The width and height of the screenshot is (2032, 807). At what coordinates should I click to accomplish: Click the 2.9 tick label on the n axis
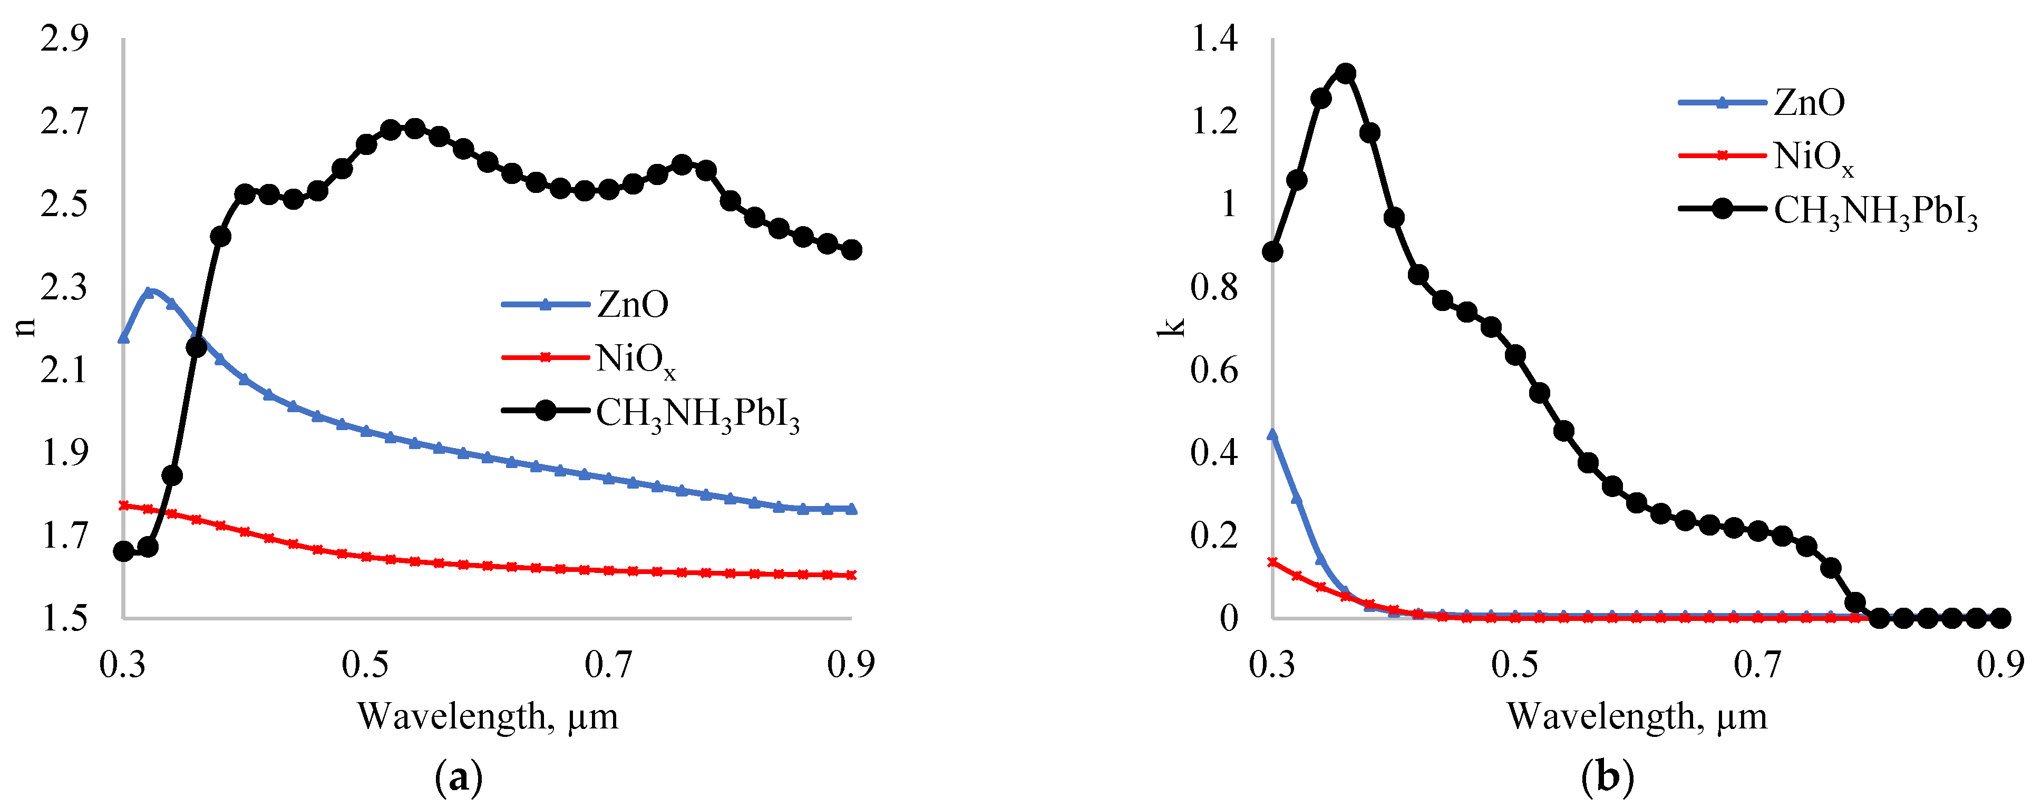pos(65,38)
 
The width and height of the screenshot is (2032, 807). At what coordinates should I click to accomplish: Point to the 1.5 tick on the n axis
pos(65,618)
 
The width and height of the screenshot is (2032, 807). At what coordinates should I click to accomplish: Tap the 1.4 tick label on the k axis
pos(1215,38)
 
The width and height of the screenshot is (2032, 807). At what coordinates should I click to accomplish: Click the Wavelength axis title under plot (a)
pos(488,716)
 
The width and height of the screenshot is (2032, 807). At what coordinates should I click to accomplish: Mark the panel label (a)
pos(458,777)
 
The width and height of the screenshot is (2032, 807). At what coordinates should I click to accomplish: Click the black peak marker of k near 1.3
pos(1346,73)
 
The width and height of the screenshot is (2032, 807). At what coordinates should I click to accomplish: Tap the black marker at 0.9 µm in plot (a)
pos(851,250)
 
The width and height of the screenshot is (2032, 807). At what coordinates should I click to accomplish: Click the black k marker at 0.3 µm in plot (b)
pos(1272,251)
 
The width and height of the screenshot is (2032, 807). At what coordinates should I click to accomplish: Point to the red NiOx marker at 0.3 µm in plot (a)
pos(124,505)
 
